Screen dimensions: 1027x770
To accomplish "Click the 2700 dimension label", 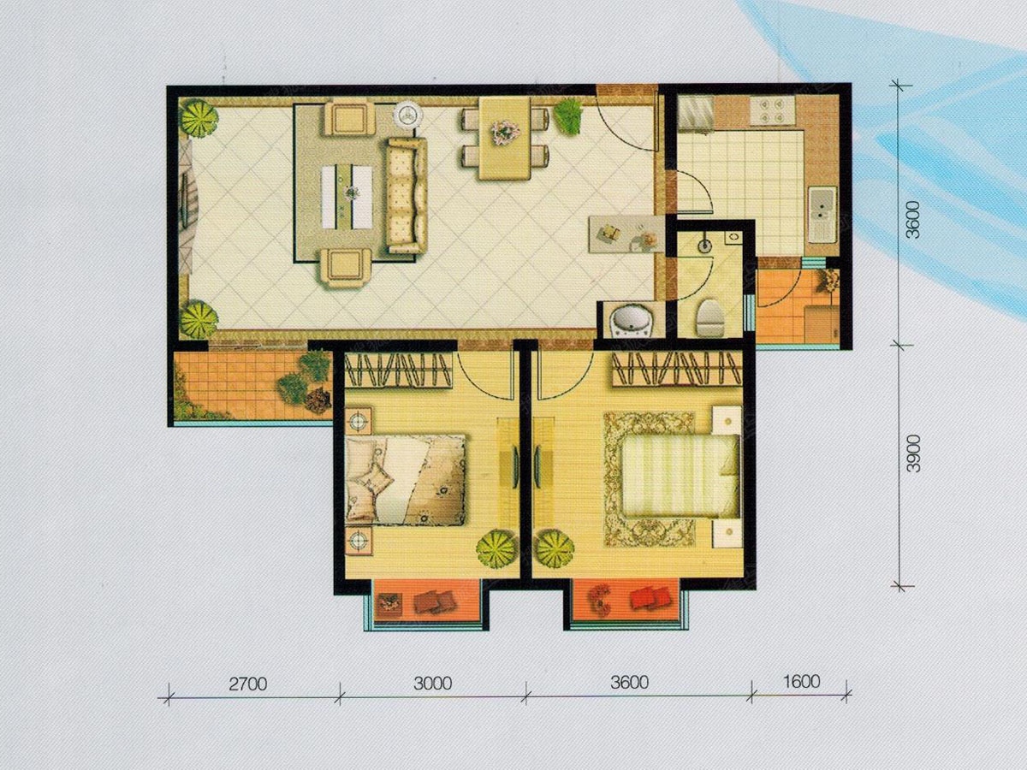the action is [x=247, y=684].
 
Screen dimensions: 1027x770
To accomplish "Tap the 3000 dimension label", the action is [x=432, y=684].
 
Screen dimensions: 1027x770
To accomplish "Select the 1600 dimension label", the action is [x=801, y=681].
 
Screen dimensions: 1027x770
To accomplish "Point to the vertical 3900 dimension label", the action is [x=913, y=453].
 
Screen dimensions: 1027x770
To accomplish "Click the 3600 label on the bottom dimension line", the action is [x=629, y=683].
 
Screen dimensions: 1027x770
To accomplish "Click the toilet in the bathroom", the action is [x=709, y=317].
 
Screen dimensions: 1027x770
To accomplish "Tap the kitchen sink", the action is [x=822, y=216].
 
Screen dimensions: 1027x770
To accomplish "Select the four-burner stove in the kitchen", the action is [x=773, y=111].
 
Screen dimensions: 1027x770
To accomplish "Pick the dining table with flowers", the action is [x=504, y=139].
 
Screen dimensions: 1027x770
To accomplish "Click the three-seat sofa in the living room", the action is [x=407, y=195].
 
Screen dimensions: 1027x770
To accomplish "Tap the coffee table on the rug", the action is [x=347, y=197].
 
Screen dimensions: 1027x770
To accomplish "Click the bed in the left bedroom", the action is [x=405, y=480].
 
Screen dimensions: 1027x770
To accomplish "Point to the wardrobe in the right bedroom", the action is [x=677, y=369].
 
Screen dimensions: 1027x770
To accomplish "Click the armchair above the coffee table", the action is [x=350, y=119].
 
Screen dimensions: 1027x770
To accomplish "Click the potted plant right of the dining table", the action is [x=567, y=115].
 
